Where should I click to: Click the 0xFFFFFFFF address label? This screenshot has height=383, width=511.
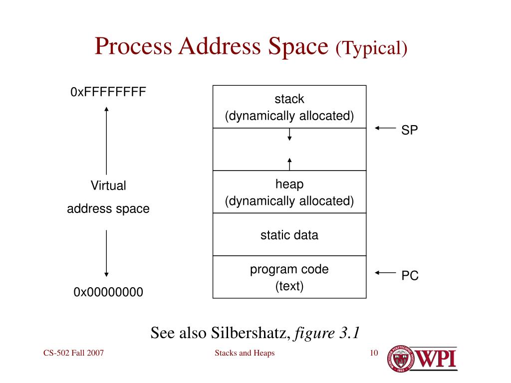108,92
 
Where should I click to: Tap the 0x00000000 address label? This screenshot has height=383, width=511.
108,292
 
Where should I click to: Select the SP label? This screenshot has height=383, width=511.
410,130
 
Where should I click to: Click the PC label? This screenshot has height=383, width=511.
410,275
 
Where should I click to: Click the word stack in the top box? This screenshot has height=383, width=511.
289,99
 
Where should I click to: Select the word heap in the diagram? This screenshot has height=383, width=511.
289,184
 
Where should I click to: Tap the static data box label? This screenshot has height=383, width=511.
289,235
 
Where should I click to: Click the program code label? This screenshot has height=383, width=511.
289,270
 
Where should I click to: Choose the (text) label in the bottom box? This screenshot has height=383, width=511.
289,286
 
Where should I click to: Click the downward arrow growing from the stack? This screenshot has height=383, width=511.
289,134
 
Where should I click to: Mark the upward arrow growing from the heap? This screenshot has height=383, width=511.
289,164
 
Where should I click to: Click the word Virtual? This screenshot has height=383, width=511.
108,186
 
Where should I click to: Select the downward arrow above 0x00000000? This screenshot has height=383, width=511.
106,252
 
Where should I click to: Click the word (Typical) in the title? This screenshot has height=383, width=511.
372,48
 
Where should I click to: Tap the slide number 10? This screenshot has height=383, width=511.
374,354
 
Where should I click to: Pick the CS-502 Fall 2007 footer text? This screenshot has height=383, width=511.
73,354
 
